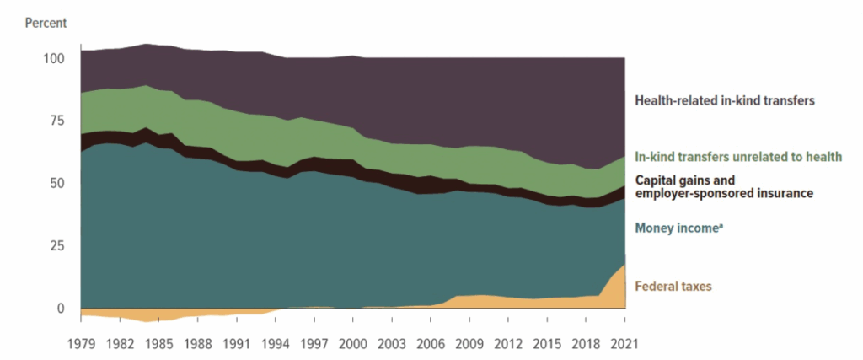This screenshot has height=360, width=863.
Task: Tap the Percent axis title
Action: pyautogui.click(x=45, y=22)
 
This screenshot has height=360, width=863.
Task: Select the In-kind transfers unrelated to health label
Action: pyautogui.click(x=738, y=158)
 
